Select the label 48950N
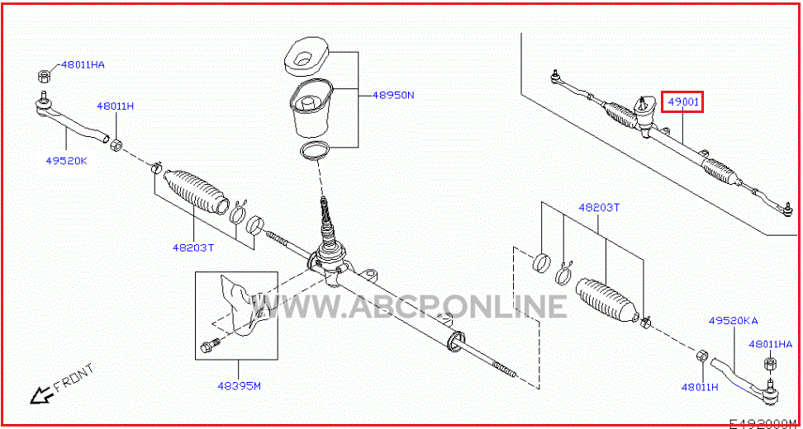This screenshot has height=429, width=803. [393, 95]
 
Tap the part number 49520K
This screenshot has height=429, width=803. [67, 161]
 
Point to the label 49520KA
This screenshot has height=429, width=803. [734, 321]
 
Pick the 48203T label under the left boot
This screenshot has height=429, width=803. [193, 247]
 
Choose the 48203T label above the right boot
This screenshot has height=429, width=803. [599, 208]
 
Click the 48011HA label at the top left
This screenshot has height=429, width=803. [83, 65]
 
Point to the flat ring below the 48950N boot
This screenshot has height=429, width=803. [316, 151]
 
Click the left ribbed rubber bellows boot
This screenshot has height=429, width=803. [196, 191]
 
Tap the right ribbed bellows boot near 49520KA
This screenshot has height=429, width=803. [608, 301]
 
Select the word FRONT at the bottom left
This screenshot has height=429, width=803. [74, 376]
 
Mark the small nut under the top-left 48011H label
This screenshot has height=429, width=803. [116, 144]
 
